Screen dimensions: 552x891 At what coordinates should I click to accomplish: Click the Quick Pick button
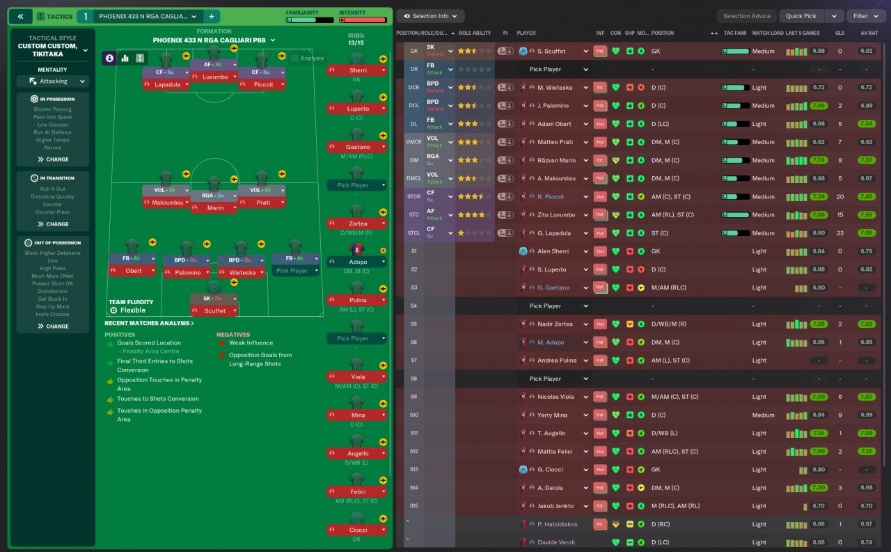click(x=801, y=16)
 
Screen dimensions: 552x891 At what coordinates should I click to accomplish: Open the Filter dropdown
click(x=865, y=16)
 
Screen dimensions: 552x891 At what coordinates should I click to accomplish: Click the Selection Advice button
click(x=746, y=16)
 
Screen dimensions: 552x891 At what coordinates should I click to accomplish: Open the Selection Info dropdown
click(x=430, y=16)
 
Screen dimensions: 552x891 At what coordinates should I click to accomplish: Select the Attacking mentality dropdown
click(x=53, y=81)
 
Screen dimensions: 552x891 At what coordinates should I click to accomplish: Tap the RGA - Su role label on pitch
click(x=214, y=195)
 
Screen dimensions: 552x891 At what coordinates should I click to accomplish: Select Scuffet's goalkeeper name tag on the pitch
click(x=214, y=310)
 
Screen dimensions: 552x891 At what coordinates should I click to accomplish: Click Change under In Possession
click(x=53, y=159)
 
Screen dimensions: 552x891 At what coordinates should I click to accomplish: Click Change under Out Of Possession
click(x=53, y=326)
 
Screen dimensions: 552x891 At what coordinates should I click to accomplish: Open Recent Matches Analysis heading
click(x=150, y=323)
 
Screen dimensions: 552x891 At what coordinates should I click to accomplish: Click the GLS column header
click(x=839, y=33)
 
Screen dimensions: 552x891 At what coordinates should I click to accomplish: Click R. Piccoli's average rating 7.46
click(x=866, y=197)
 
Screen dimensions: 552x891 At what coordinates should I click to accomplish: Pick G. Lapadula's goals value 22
click(x=839, y=233)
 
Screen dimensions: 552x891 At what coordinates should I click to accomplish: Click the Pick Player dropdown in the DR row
click(x=559, y=70)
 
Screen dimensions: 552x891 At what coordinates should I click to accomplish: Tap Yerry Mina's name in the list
click(x=552, y=415)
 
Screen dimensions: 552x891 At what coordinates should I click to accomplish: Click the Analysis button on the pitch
click(x=308, y=58)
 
